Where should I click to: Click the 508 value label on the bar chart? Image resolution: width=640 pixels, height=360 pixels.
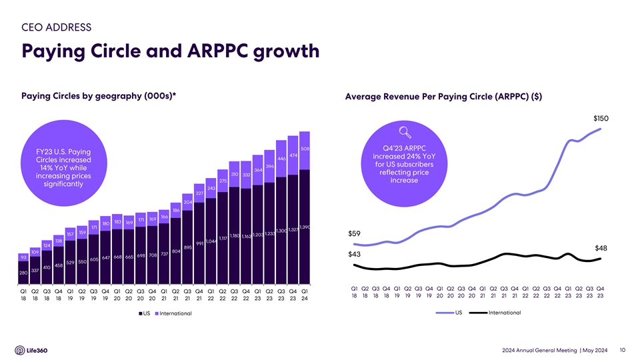(x=305, y=149)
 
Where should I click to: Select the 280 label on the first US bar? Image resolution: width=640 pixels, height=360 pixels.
(x=23, y=273)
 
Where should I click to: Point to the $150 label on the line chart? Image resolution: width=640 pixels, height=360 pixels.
(x=601, y=119)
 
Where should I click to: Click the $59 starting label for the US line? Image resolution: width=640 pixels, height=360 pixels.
(x=355, y=233)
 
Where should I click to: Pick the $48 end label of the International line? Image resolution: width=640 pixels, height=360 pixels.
(x=601, y=248)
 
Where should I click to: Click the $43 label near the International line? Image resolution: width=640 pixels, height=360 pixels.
(x=355, y=255)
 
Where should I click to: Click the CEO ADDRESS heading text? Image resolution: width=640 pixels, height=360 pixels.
(x=57, y=27)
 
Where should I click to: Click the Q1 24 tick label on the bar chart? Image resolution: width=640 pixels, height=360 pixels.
(x=305, y=295)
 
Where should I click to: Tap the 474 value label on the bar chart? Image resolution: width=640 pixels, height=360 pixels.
(x=293, y=155)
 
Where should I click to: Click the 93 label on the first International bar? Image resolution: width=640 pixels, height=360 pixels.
(x=23, y=257)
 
